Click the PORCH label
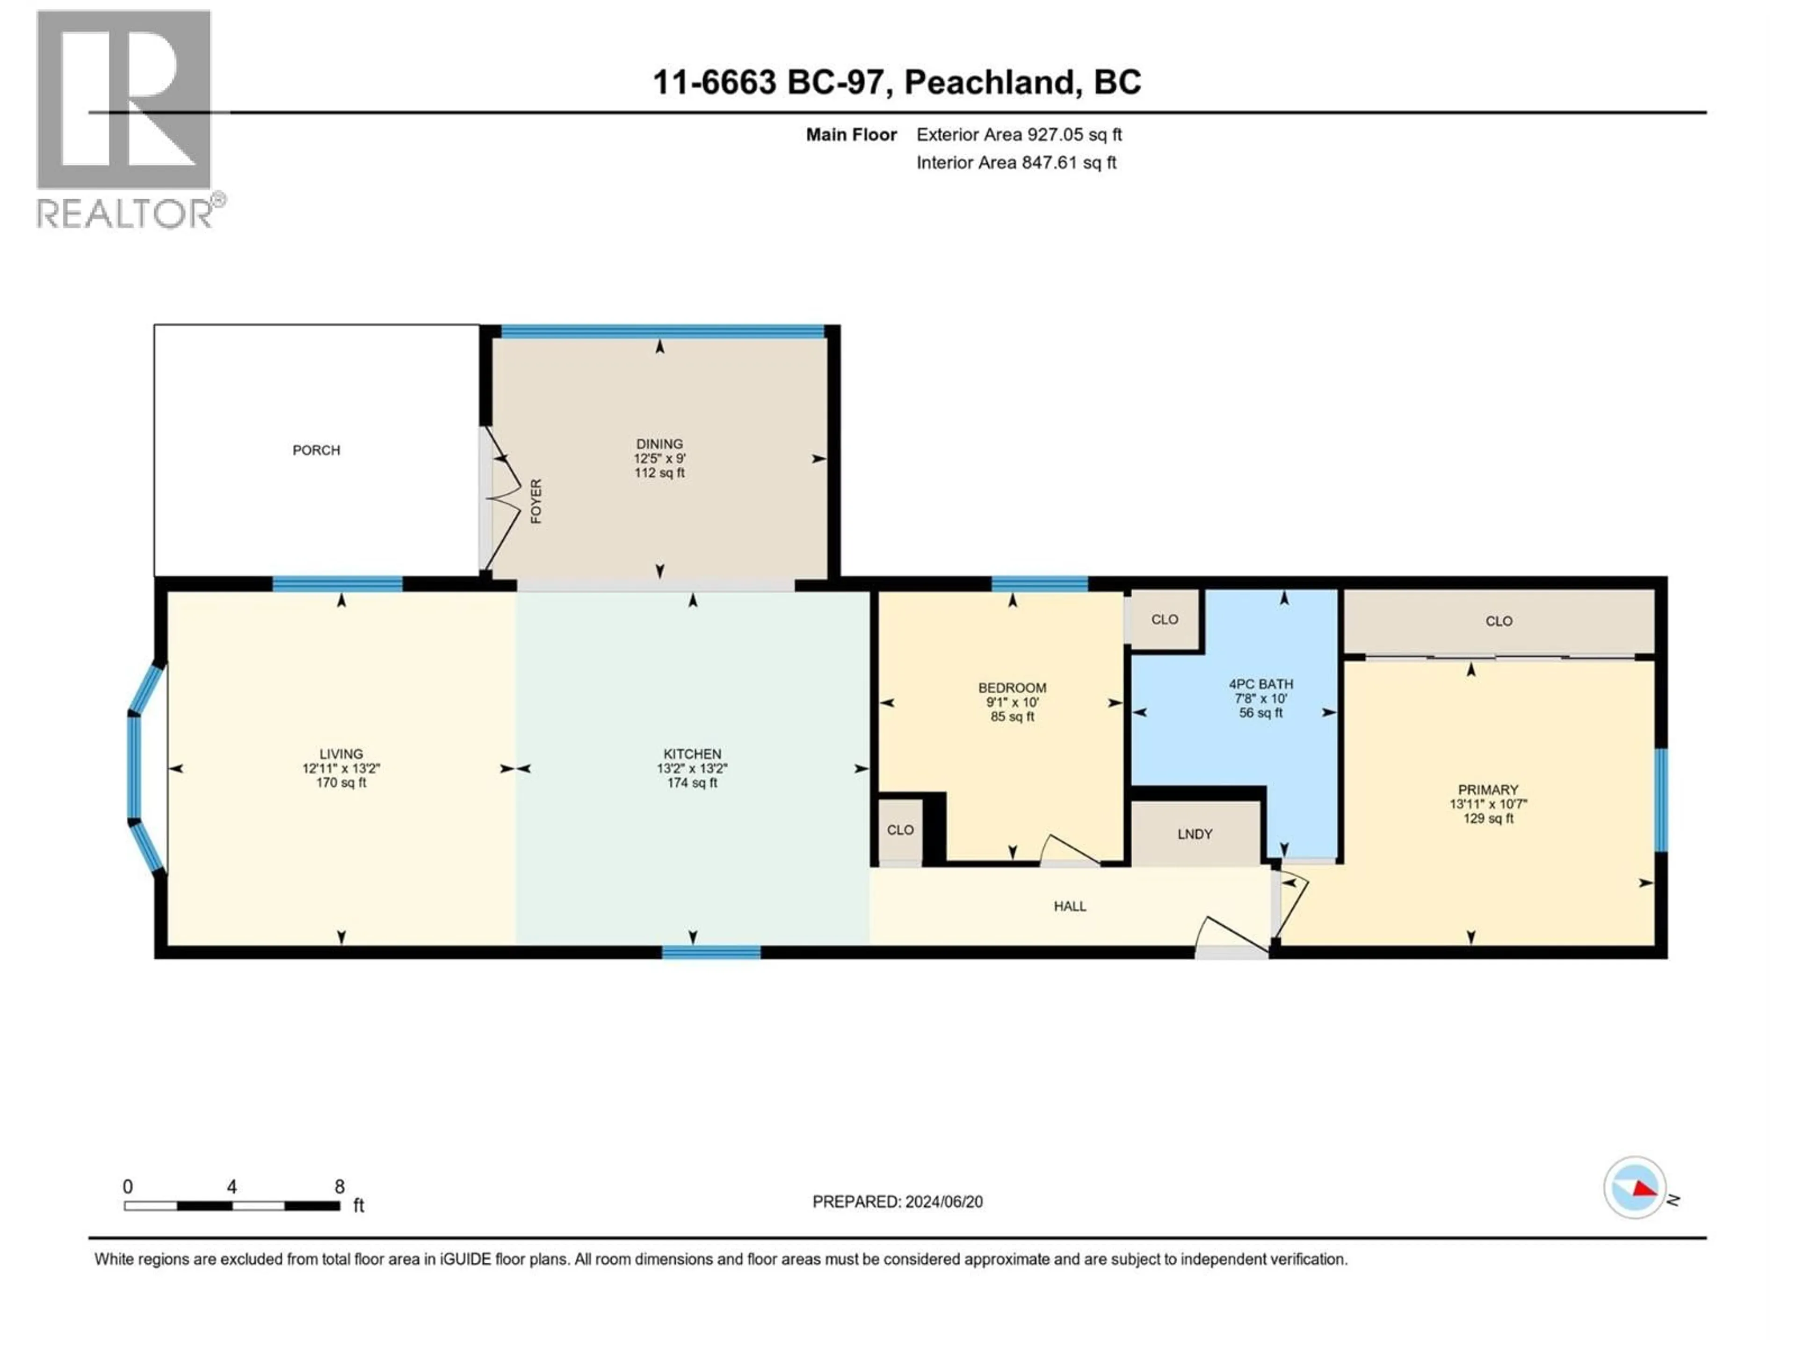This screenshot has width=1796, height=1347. [316, 450]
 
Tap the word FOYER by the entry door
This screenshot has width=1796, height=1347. [536, 501]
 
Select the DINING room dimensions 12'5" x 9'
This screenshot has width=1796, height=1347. [659, 458]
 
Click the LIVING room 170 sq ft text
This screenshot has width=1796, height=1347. [341, 782]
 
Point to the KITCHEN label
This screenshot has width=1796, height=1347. [692, 753]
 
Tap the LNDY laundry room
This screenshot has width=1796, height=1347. [1195, 834]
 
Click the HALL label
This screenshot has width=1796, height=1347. [1069, 906]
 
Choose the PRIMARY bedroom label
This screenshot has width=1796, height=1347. [1487, 789]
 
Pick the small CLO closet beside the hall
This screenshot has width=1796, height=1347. [899, 830]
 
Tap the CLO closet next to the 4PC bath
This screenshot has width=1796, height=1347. [1164, 620]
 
